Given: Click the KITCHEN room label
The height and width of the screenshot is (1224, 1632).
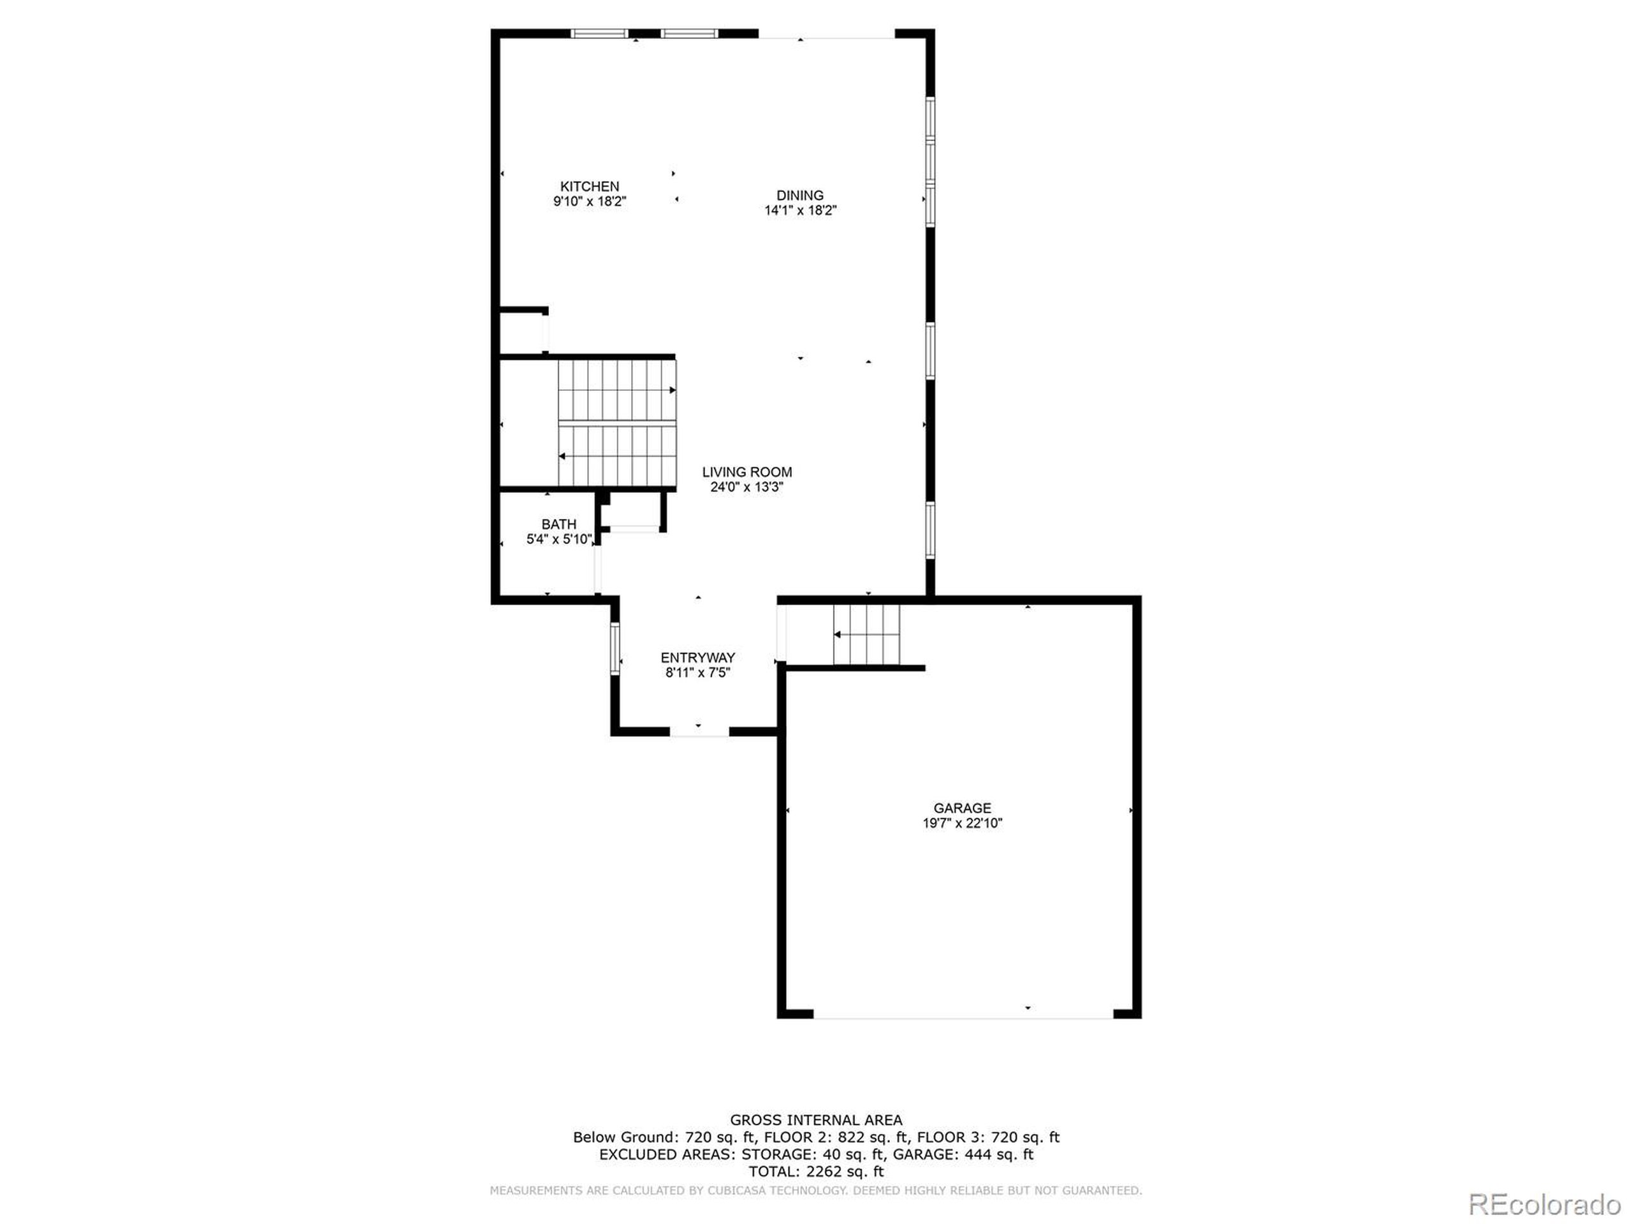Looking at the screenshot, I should coord(590,187).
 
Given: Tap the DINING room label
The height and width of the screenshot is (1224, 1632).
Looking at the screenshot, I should coord(800,196).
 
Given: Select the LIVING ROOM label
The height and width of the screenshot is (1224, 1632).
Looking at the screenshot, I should coord(747,472).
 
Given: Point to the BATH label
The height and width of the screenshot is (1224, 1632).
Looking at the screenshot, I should coord(558,525).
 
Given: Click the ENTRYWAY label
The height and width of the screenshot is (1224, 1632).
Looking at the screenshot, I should coord(697,657).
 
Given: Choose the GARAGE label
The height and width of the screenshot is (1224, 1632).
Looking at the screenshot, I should coord(962,808).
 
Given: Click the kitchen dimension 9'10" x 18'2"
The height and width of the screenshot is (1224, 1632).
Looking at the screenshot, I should coord(590,201).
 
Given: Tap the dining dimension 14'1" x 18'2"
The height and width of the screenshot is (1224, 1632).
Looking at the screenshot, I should coord(800,210).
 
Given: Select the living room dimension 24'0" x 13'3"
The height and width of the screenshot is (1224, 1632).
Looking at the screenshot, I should coord(747,487).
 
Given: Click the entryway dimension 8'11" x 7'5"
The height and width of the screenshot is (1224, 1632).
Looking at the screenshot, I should coord(697,672).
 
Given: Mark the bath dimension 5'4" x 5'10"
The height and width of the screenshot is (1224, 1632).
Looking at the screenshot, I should coord(558,539).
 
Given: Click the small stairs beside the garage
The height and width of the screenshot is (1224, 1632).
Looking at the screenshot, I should coord(867,634).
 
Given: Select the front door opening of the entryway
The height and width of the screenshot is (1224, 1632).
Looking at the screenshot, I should coord(699,735).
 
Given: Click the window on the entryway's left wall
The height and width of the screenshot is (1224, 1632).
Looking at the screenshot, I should coord(615,649).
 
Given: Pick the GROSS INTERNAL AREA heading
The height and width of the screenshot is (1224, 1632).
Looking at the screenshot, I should coord(816,1120).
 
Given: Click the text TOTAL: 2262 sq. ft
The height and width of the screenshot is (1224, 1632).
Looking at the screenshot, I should coord(816,1171).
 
